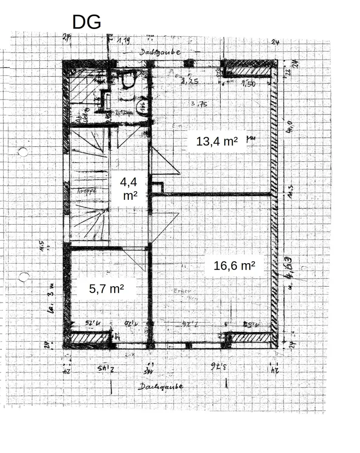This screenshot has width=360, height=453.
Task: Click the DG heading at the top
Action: pos(86,22)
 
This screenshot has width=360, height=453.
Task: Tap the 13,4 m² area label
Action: pos(217,141)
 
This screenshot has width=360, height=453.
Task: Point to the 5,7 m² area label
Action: pos(107,289)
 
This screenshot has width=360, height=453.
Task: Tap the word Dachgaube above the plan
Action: pos(160,52)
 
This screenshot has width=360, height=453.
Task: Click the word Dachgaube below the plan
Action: pos(161,387)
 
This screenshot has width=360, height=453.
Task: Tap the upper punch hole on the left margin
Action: pos(23,152)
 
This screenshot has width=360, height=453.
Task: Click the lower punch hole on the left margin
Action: pos(23,276)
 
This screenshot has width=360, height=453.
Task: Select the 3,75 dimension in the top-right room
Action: pos(199,104)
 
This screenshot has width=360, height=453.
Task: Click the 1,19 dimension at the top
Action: pos(123,42)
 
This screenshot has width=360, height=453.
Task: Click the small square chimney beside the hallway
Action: pos(157,187)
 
